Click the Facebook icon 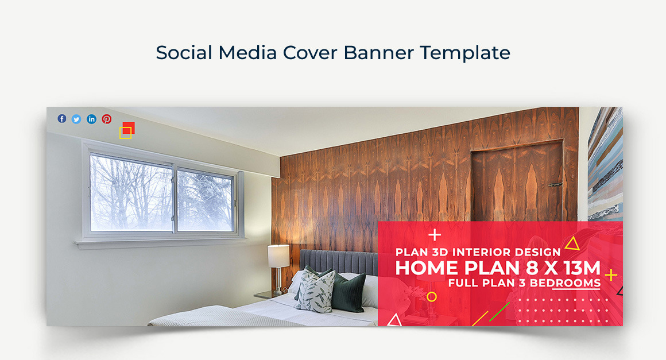click(62, 119)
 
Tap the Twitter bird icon click(76, 119)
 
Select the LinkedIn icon click(91, 119)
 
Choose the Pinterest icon click(107, 119)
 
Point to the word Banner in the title click(378, 53)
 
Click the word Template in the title click(465, 53)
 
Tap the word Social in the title click(184, 53)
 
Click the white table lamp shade click(278, 256)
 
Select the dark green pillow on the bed click(349, 292)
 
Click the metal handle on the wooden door click(554, 185)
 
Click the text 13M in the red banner click(582, 268)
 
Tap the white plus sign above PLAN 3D click(435, 235)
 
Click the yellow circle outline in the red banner click(432, 297)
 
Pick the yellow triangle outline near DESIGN click(572, 243)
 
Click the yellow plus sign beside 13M click(611, 275)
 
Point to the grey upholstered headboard click(339, 262)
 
